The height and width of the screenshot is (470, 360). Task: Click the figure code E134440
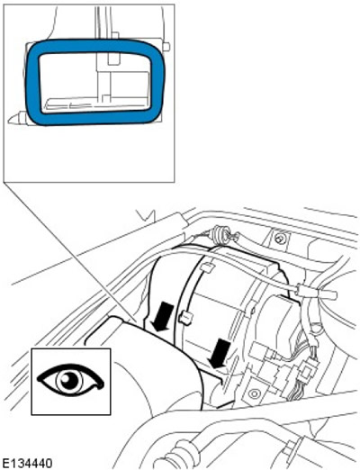[x=27, y=463]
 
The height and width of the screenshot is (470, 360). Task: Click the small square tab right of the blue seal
[x=166, y=47]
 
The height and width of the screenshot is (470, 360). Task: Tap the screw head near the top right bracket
[x=280, y=239]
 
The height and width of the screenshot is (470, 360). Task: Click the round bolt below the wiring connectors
[x=254, y=393]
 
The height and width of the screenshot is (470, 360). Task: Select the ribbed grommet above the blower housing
[x=219, y=231]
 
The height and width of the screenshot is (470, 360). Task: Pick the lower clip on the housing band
[x=185, y=317]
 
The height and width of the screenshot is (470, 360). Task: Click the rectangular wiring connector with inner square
[x=307, y=370]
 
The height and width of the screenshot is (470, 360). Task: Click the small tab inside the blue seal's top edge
[x=114, y=59]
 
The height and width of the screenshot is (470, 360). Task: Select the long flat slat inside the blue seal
[x=96, y=104]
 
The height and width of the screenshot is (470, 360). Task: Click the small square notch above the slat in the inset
[x=105, y=98]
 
